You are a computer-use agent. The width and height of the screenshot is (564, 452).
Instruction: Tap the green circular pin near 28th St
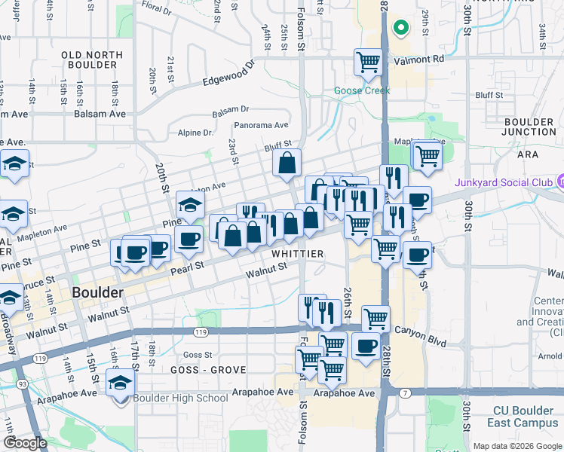tap(401, 29)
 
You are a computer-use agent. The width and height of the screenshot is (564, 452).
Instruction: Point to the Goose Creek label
tap(362, 91)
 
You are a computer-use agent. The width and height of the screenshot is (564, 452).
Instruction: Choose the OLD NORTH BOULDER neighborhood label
tap(90, 60)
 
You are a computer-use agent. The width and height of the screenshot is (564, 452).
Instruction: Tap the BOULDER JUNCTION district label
tap(529, 127)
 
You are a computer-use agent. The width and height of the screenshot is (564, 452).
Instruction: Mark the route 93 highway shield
tap(23, 385)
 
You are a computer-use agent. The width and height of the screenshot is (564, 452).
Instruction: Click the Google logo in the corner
tap(25, 444)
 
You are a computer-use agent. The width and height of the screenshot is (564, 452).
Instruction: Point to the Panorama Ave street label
tap(262, 125)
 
